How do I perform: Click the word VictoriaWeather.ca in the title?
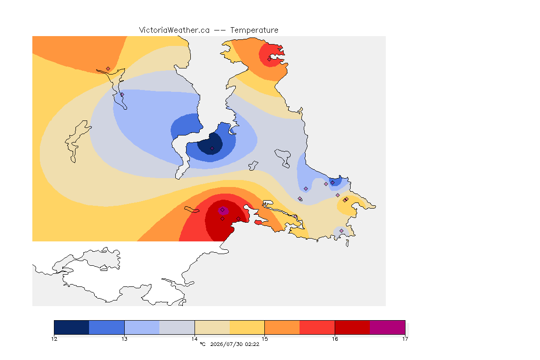click(x=174, y=30)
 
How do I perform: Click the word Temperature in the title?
click(x=254, y=30)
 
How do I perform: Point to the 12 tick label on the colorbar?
click(x=54, y=339)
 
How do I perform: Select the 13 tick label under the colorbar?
click(x=124, y=339)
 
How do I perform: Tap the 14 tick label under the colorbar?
click(x=195, y=339)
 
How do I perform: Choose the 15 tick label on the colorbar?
click(x=264, y=339)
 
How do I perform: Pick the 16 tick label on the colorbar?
click(x=335, y=339)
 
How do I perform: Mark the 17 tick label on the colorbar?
click(x=405, y=339)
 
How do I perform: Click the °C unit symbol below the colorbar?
click(x=202, y=344)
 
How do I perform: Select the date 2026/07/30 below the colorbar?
click(x=226, y=344)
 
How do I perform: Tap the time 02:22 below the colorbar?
click(x=252, y=344)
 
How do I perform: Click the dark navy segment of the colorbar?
click(x=72, y=327)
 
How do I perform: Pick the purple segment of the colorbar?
click(x=388, y=327)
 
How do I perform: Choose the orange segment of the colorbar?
click(x=282, y=327)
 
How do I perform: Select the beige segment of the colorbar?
click(x=212, y=327)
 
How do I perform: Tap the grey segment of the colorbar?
click(x=177, y=327)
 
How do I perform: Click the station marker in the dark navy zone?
click(x=212, y=149)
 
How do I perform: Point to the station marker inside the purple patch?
click(x=223, y=210)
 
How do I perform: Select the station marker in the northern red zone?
click(x=269, y=59)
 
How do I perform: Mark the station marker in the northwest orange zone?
click(x=108, y=69)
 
